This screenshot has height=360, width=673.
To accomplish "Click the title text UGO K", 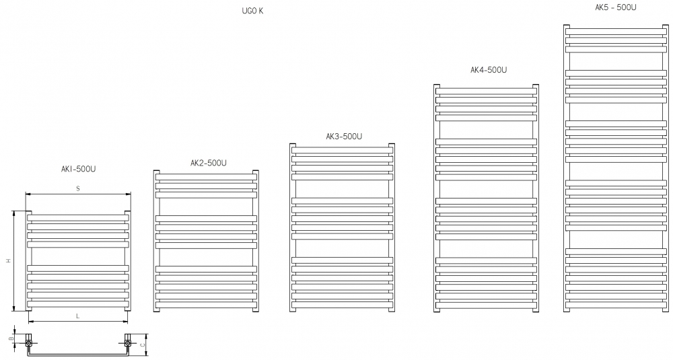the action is (252, 11).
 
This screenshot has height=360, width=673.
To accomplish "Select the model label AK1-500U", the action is (79, 169).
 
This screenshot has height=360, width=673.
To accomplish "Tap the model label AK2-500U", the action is (209, 163).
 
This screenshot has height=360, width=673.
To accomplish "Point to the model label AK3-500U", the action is (344, 137).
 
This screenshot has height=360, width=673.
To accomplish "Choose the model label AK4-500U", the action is (489, 70).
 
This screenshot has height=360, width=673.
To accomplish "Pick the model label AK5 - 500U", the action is (616, 7).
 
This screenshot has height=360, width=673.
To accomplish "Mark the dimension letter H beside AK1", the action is (8, 261).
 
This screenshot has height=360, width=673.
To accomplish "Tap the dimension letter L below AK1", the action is (77, 316).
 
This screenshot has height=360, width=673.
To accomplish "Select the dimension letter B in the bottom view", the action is (12, 338).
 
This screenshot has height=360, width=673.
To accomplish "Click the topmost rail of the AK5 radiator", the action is (616, 32).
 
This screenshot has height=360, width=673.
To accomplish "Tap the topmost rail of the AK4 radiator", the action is (486, 92).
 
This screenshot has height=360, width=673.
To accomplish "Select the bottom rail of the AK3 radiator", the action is (342, 305).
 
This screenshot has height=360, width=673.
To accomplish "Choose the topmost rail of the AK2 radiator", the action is (206, 177).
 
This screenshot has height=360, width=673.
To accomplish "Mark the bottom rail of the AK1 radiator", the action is (77, 304).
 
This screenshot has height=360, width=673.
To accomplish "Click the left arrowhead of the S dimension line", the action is (28, 194).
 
